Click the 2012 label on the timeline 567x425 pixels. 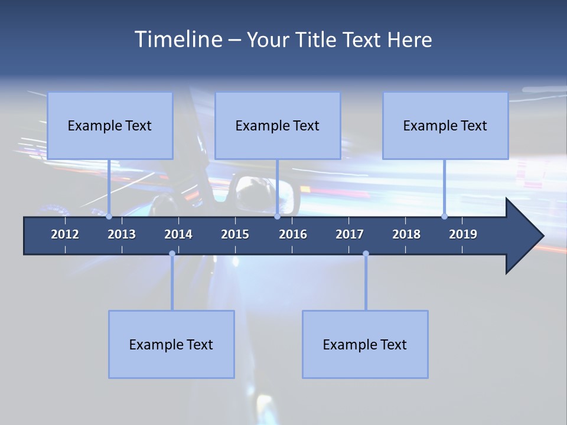click(65, 234)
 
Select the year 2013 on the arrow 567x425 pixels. click(122, 234)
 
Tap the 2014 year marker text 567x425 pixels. click(178, 234)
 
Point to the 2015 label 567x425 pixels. click(235, 234)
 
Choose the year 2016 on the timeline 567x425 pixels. click(293, 234)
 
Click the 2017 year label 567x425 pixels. click(350, 234)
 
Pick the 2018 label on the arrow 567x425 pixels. click(406, 234)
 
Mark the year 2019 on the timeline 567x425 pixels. click(463, 234)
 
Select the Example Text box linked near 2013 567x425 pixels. click(110, 126)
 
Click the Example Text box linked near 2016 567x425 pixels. click(278, 126)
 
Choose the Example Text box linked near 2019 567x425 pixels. click(445, 126)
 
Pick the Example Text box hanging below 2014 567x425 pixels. click(171, 344)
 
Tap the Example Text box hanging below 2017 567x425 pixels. click(365, 344)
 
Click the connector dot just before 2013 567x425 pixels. click(109, 217)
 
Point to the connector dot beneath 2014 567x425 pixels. click(172, 254)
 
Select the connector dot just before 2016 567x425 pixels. click(277, 217)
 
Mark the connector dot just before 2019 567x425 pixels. click(444, 217)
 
